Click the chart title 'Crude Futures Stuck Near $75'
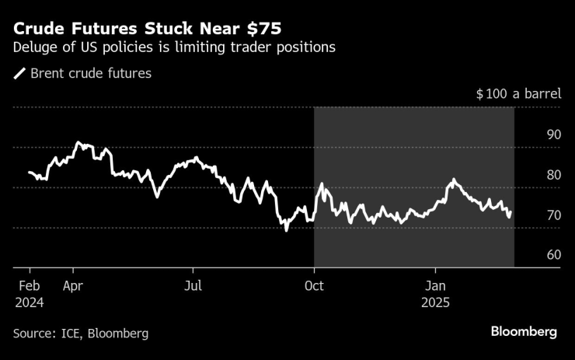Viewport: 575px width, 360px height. (148, 29)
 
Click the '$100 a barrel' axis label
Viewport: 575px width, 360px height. (518, 94)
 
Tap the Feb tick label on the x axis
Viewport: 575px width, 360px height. (29, 285)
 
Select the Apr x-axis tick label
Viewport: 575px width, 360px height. (74, 285)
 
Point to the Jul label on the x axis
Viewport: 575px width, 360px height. (193, 285)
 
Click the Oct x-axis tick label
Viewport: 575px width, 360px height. (314, 285)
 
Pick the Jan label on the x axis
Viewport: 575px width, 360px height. (435, 285)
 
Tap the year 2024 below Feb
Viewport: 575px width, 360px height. (29, 302)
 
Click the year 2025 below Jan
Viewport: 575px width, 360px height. (435, 302)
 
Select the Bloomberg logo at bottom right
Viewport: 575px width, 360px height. (523, 332)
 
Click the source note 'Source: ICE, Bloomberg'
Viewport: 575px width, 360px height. (81, 333)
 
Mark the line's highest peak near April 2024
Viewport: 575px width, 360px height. (77, 143)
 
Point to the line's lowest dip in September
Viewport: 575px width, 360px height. (286, 230)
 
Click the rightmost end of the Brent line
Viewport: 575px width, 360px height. (511, 212)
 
